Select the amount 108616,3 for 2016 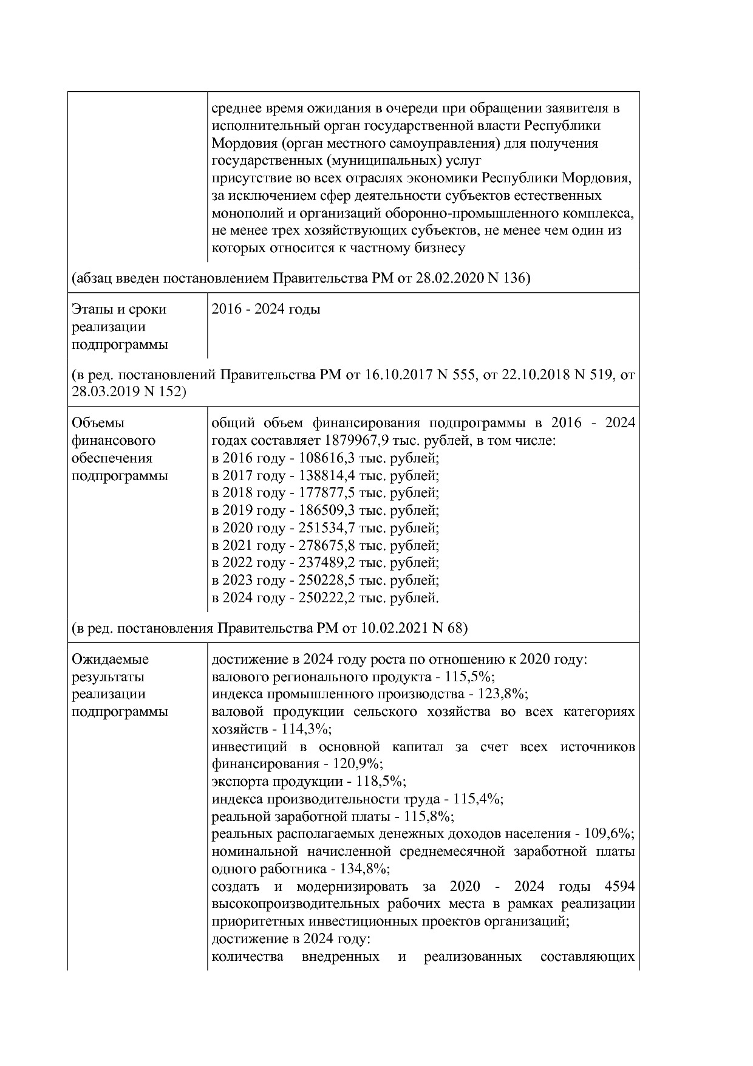(x=327, y=458)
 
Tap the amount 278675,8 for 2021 (x=327, y=545)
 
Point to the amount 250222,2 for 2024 (x=327, y=598)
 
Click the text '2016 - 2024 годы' (x=266, y=309)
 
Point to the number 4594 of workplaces (x=620, y=886)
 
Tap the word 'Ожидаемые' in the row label (x=110, y=659)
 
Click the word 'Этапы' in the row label (x=91, y=309)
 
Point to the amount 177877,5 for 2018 (x=327, y=493)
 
